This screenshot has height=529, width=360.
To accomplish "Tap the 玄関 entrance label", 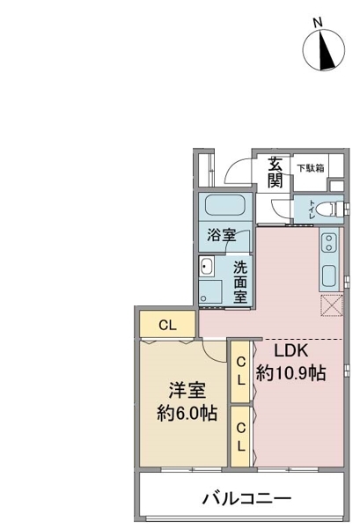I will point(276,173).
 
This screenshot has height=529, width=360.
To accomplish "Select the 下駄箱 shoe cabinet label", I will point(310,166).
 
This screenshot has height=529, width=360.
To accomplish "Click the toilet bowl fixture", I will point(322,210).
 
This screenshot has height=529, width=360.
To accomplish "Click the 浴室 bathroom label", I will point(221,236).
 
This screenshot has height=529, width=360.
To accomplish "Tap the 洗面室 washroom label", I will point(239,281).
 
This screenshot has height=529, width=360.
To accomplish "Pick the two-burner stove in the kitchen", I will point(329,241).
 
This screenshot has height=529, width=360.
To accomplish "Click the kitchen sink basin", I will point(329,274).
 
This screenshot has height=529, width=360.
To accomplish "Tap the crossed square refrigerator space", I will point(331,305).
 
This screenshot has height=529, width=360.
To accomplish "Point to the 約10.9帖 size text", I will point(291,373).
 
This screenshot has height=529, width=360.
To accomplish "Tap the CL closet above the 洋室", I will point(168,324).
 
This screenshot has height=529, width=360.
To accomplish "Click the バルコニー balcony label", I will point(246,499).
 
